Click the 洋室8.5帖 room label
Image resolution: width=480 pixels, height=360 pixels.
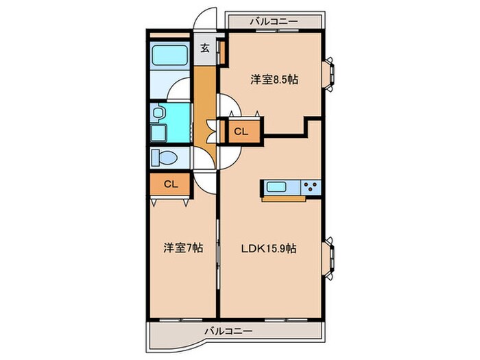click(273, 79)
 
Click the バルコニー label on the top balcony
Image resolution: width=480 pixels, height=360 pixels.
click(274, 21)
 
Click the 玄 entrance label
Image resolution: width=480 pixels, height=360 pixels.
click(205, 48)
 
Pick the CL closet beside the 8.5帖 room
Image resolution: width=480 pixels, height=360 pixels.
click(241, 131)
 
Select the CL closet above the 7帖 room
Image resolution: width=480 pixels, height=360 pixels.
click(171, 184)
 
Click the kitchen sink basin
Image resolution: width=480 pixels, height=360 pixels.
click(280, 187)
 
